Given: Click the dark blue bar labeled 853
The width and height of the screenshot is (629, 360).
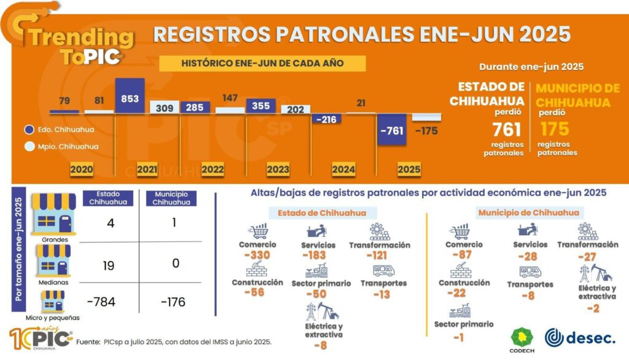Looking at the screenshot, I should point(130,96).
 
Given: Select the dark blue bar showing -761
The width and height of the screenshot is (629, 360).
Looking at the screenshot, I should point(393,130).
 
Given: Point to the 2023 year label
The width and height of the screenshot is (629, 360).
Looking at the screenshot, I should point(278,169).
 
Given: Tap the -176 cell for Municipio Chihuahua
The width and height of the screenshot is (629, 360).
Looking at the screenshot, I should point(173,302).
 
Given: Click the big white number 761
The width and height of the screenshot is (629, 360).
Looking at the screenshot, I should point(506,129).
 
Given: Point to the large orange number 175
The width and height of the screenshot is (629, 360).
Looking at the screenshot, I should point(555,129).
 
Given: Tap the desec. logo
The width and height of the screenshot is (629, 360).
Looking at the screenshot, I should point(580,337).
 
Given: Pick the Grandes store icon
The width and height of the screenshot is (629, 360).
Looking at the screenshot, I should point(53,213).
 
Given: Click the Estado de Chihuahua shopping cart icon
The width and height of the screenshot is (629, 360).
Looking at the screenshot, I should point(258,231).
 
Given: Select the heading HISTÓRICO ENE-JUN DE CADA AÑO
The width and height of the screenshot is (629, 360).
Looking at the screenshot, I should point(262,63).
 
